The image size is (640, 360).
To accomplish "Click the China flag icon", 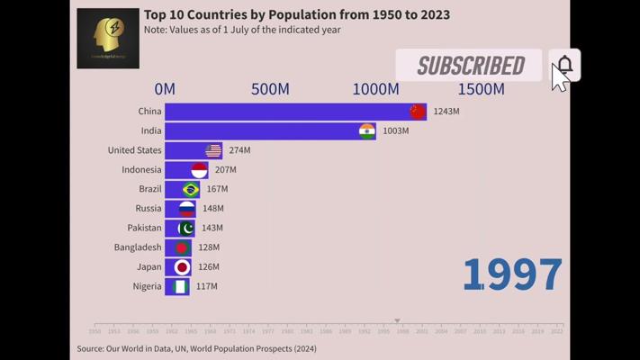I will (417, 112).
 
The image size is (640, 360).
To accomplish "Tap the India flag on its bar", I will (366, 131).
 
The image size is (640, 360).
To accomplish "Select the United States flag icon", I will (213, 150).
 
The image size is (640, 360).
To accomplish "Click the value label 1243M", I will (446, 112).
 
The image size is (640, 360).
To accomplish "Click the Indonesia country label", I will (141, 170).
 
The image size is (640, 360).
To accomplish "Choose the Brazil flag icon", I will (191, 189).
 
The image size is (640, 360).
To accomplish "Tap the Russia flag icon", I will (186, 209).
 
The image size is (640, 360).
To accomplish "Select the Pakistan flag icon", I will (186, 228).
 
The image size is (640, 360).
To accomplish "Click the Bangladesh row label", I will (138, 247).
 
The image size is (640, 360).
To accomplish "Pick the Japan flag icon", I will (182, 267).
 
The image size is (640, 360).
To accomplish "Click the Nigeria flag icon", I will (180, 286).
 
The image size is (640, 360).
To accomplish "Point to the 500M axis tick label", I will (270, 89).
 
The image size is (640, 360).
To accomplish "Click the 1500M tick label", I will (481, 89).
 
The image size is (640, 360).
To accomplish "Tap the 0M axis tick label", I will (165, 89).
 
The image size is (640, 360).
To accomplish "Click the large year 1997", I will (512, 275).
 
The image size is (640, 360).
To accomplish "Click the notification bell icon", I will (564, 65).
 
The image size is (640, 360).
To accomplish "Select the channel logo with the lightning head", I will (108, 39).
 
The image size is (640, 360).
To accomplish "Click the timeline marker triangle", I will (397, 321).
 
